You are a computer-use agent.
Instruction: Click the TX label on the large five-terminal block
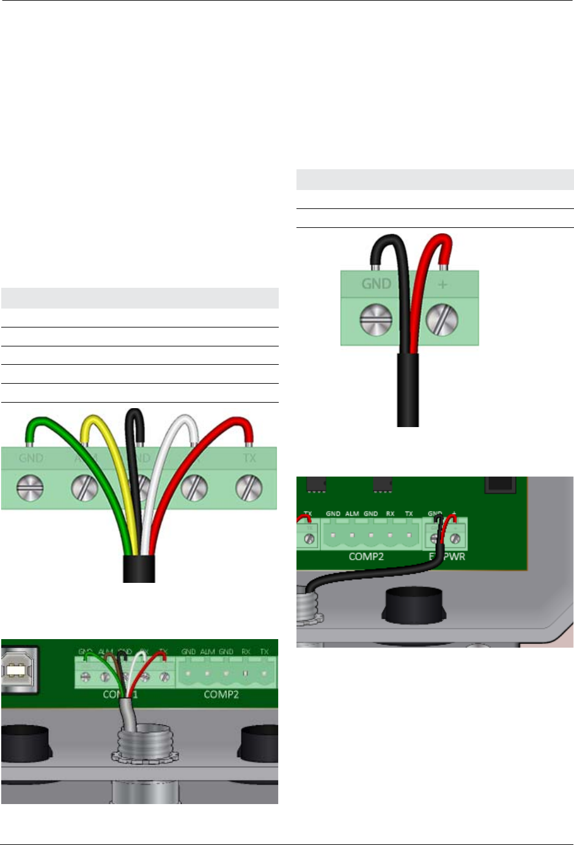249,458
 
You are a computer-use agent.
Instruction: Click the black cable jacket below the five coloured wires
139,569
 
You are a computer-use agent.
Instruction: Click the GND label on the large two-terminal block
376,284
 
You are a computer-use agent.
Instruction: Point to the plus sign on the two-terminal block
443,285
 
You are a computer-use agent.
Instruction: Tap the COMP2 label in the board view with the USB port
221,695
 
